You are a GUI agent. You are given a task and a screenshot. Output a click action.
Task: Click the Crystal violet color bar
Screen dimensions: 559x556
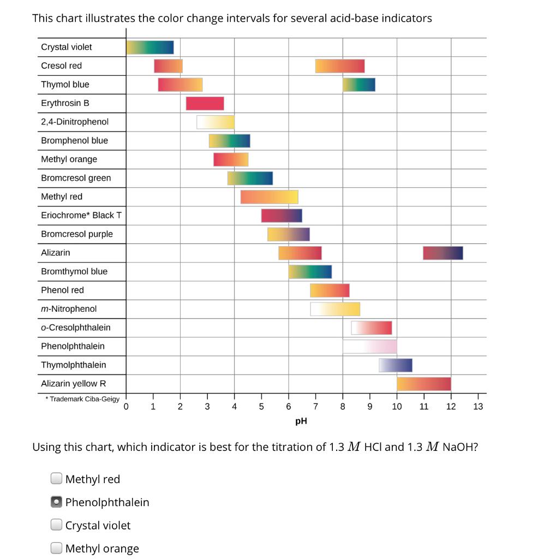[150, 47]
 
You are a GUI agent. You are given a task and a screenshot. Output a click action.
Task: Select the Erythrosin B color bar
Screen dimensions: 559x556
[205, 103]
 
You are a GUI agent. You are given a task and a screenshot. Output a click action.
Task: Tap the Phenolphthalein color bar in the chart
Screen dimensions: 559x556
[369, 346]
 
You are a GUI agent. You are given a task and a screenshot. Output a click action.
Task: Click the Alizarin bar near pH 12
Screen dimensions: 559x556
[443, 253]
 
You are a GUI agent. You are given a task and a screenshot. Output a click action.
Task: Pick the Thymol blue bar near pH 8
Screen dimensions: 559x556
[358, 85]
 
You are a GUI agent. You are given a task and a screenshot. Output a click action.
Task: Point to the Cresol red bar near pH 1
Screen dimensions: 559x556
[168, 66]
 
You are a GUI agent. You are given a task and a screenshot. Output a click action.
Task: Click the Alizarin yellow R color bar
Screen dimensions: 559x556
[424, 384]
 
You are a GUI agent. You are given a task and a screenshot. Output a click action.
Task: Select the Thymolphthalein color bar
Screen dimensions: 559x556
[395, 365]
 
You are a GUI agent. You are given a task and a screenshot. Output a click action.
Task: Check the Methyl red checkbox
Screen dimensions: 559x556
[56, 479]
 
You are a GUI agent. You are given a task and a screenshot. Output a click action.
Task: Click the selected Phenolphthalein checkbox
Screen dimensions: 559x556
[56, 502]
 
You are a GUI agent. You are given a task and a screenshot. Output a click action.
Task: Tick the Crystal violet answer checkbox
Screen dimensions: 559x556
[56, 525]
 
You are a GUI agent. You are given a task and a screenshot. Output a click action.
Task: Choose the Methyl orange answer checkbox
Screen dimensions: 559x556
[56, 548]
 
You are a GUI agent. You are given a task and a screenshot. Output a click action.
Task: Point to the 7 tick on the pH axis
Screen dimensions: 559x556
[315, 406]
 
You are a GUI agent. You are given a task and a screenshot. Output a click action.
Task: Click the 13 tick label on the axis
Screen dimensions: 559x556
[478, 406]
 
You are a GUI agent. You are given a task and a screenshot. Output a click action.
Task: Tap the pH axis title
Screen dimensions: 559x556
[301, 421]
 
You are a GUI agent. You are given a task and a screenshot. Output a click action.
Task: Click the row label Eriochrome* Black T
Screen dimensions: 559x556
[81, 215]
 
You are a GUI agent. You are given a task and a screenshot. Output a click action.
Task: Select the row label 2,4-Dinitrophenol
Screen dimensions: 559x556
[75, 122]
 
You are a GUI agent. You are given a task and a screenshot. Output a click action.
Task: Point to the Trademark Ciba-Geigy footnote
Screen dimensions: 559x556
[82, 399]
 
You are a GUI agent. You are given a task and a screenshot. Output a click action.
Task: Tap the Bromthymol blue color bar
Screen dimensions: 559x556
[310, 271]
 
